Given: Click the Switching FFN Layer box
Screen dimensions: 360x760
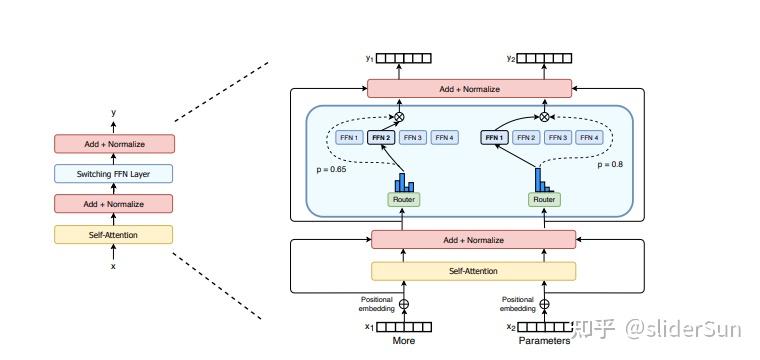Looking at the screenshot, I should click(113, 174).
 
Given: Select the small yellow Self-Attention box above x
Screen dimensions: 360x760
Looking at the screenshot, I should click(113, 234).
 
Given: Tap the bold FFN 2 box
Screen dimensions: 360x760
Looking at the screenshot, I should click(381, 137).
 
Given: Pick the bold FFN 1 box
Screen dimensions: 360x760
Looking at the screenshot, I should click(495, 137).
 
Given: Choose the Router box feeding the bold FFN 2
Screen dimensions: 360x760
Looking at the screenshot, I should click(403, 199).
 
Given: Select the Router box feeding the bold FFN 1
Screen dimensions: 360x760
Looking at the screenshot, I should click(544, 199).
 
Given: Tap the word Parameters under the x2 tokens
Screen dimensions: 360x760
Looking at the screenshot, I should click(543, 341).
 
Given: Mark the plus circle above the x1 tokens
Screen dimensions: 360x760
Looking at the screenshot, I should click(403, 304).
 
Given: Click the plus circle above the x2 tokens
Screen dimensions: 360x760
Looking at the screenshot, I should click(544, 304).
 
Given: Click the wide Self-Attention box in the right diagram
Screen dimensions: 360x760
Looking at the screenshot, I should click(473, 271).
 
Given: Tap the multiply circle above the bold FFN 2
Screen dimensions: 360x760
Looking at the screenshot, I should click(400, 117).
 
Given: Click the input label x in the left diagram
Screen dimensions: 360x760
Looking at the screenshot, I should click(113, 266).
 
